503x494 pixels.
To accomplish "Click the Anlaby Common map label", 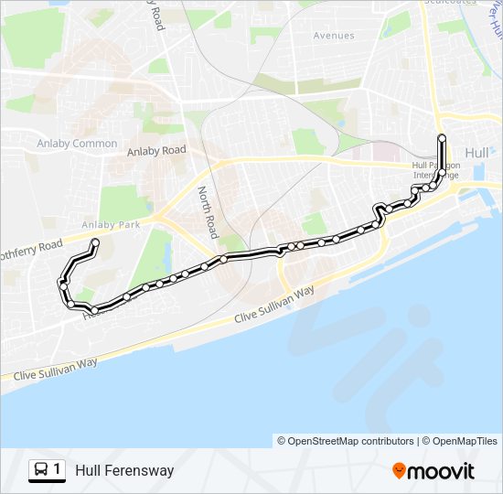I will [77, 144].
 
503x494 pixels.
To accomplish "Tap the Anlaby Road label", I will [156, 150].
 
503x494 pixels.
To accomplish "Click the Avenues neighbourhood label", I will [333, 36].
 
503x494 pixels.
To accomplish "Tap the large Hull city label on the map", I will [477, 153].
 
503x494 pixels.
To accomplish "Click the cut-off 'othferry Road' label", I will [32, 249].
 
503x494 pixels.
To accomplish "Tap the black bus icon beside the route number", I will [41, 470].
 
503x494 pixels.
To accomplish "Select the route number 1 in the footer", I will [58, 470].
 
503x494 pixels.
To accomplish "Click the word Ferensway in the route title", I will [139, 470].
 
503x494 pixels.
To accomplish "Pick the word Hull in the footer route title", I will [89, 470].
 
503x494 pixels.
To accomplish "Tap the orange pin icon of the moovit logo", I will [400, 470].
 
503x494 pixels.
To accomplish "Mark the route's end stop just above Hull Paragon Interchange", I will [442, 138].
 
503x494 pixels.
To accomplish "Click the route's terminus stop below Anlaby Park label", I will [94, 242].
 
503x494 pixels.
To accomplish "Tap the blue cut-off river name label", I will [494, 27].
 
